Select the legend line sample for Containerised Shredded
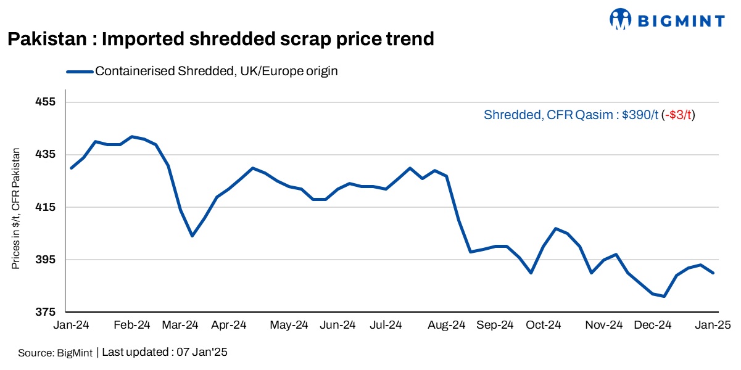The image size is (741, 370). [x=80, y=72]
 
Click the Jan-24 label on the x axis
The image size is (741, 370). [x=72, y=325]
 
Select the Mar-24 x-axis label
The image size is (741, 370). [x=181, y=325]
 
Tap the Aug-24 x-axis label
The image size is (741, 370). [x=447, y=325]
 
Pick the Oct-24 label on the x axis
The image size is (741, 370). [x=544, y=325]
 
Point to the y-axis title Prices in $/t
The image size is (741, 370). [x=16, y=208]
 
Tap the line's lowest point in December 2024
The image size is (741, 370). [x=664, y=297]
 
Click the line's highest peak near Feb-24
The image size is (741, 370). [x=131, y=136]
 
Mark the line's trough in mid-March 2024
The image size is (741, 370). [x=192, y=236]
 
